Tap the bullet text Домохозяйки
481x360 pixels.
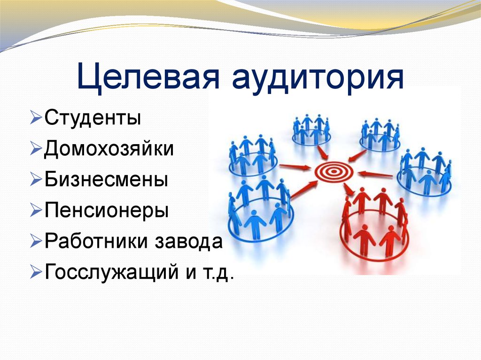pos(109,149)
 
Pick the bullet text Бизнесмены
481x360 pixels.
pos(107,180)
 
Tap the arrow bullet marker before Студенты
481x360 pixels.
pos(36,118)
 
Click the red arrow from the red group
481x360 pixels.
pos(349,189)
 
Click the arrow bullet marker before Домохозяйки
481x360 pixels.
pos(36,149)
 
